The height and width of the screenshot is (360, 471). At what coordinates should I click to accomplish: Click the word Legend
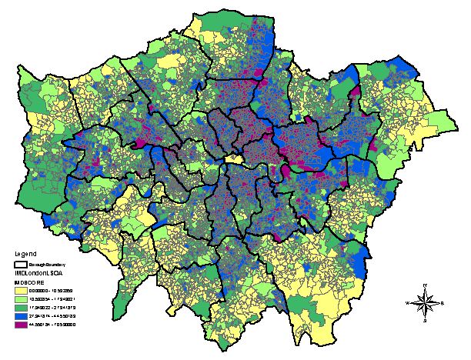tap(25, 252)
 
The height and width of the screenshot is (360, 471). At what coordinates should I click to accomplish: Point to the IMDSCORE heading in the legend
tap(28, 283)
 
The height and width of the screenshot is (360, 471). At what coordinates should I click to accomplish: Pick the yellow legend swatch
tap(21, 291)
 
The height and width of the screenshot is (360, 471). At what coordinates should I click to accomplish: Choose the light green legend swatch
tap(21, 299)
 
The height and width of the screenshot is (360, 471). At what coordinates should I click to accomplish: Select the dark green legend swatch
tap(21, 308)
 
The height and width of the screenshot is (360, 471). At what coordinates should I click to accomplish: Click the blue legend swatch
tap(21, 316)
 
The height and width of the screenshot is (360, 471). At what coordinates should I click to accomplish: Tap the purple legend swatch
tap(21, 325)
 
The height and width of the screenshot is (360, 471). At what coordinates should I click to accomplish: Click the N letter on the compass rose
tap(426, 285)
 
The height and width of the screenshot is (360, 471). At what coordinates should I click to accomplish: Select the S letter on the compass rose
tap(426, 321)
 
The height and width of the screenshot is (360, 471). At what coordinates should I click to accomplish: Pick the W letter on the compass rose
tap(408, 303)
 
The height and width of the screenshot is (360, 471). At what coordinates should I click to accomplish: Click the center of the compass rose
tap(426, 303)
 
